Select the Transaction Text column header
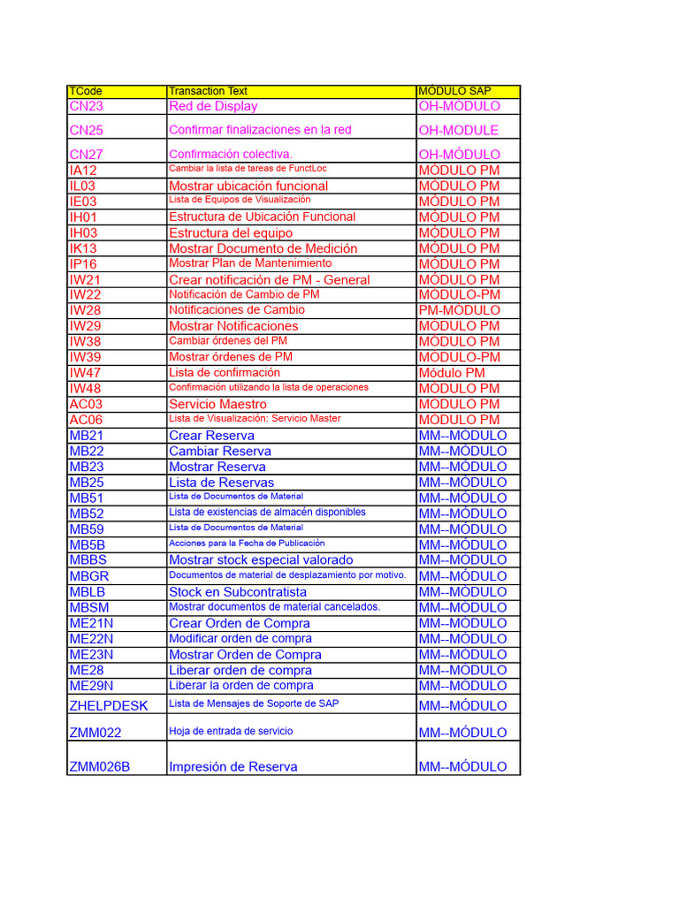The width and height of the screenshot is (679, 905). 208,91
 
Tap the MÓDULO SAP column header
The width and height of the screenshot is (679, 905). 455,91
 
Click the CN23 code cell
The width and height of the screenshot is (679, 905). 87,106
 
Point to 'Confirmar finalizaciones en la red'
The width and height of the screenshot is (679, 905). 260,130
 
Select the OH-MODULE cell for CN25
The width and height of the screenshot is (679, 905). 459,130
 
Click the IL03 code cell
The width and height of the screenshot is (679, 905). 82,186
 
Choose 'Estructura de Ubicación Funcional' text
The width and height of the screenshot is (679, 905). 262,217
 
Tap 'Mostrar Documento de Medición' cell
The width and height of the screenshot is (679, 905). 263,248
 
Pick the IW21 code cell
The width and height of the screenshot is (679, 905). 85,279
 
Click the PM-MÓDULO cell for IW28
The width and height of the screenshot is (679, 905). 460,310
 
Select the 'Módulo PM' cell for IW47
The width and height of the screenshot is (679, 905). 452,373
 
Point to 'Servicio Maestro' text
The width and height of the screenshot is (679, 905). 217,404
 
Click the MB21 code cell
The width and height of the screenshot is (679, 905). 87,436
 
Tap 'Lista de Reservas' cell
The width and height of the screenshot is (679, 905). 221,483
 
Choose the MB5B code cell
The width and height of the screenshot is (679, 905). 87,545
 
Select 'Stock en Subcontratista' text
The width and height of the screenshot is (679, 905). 238,592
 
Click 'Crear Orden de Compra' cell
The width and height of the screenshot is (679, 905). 239,623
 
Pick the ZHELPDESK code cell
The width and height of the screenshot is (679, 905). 109,705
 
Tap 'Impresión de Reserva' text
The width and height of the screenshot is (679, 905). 233,766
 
